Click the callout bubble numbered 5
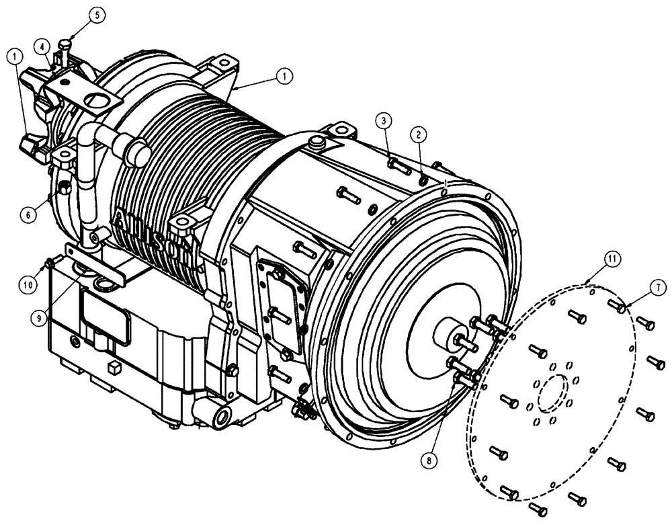point(99,15)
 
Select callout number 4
point(42,46)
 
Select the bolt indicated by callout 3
point(399,165)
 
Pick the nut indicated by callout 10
point(50,262)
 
